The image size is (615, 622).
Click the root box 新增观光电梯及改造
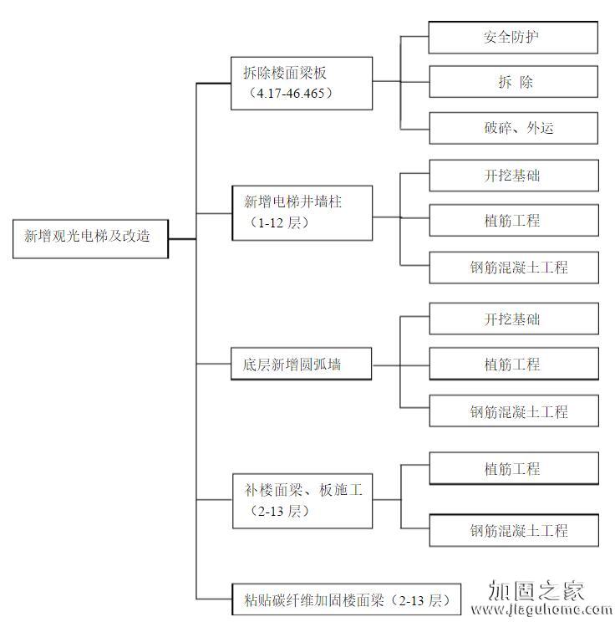[x=90, y=237]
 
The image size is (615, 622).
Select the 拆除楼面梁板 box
[x=301, y=83]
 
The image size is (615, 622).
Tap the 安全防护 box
[x=513, y=38]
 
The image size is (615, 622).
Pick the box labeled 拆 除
[x=513, y=82]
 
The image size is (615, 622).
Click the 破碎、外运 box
[x=513, y=127]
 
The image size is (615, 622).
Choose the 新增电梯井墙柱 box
[x=301, y=213]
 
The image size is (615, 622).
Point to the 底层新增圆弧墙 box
[x=301, y=365]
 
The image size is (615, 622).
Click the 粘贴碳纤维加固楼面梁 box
[x=345, y=600]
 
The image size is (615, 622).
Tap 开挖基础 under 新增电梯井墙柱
[x=513, y=176]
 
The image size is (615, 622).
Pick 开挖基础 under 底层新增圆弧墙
[x=513, y=319]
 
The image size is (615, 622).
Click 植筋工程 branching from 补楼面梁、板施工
[x=513, y=469]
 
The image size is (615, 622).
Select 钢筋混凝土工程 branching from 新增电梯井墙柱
[x=513, y=268]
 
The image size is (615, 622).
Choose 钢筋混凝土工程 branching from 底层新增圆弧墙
[x=513, y=411]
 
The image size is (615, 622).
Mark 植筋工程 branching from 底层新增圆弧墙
[x=513, y=365]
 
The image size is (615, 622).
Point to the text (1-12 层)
[x=275, y=223]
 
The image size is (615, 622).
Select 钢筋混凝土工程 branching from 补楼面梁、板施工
[x=513, y=530]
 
